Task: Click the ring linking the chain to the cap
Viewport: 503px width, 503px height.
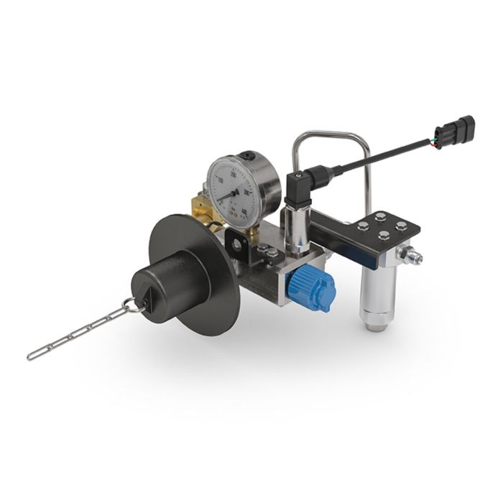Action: tap(130, 305)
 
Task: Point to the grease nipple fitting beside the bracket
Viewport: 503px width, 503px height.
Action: tap(410, 255)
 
